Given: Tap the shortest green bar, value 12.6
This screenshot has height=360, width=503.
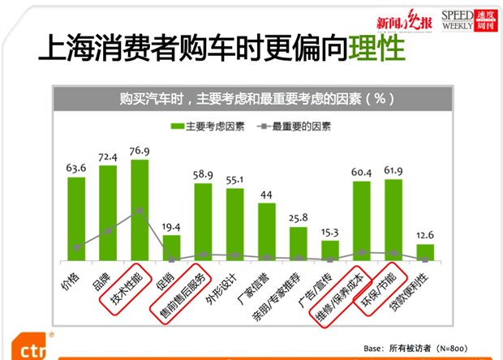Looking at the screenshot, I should pyautogui.click(x=425, y=252).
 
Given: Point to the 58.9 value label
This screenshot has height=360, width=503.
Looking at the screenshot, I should pyautogui.click(x=203, y=174).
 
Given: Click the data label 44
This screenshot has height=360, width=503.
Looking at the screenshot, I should pyautogui.click(x=266, y=195).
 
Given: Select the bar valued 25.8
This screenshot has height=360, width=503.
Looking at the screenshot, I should pyautogui.click(x=298, y=243).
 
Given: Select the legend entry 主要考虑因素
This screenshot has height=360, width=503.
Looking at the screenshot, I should pyautogui.click(x=206, y=127).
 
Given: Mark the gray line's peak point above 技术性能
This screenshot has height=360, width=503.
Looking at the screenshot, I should pyautogui.click(x=139, y=211).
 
